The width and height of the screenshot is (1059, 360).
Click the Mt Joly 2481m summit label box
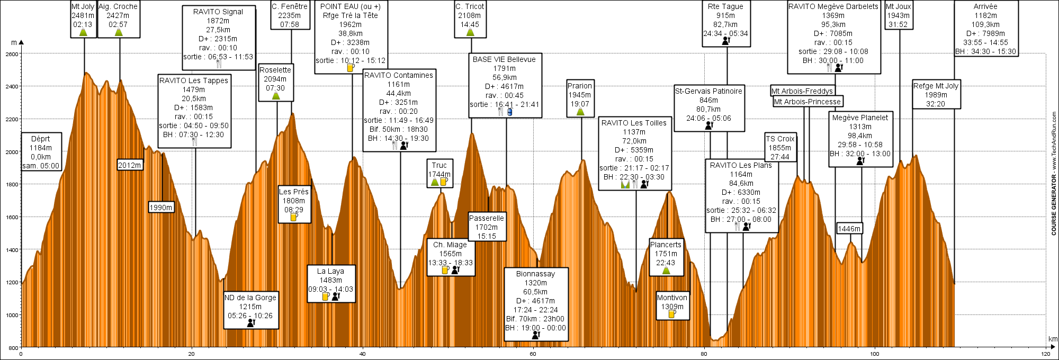click(84, 19)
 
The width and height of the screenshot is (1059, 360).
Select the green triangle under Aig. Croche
click(118, 32)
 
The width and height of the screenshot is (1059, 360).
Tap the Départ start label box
click(41, 151)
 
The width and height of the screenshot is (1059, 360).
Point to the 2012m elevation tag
click(130, 165)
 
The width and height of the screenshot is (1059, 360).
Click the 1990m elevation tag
click(161, 208)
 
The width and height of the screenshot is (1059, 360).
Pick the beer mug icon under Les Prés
click(294, 217)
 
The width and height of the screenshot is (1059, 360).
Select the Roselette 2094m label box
click(276, 83)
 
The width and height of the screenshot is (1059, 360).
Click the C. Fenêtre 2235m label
click(290, 15)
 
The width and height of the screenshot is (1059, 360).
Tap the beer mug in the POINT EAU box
click(350, 68)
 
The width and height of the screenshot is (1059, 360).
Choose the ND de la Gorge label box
click(251, 310)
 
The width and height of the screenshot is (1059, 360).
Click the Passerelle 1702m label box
click(487, 227)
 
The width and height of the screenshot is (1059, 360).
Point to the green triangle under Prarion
click(580, 112)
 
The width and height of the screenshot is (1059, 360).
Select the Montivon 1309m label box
click(672, 306)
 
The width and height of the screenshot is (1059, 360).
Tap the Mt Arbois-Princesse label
click(807, 102)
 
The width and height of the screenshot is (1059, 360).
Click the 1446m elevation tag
click(849, 229)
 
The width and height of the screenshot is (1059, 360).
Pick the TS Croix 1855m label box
click(780, 148)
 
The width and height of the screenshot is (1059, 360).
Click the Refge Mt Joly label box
click(936, 95)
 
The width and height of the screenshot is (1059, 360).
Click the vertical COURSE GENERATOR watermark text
click(1054, 174)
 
